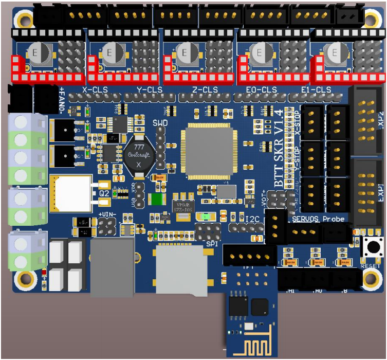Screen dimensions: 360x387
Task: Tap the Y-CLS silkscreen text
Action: coord(149,90)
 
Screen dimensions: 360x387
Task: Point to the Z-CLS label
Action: coord(205,90)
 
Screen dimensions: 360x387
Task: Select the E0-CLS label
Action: coord(261,90)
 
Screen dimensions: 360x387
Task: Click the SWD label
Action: coord(160,123)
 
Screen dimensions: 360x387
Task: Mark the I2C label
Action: coord(252,220)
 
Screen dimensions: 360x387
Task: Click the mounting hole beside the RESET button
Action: coord(370,279)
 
